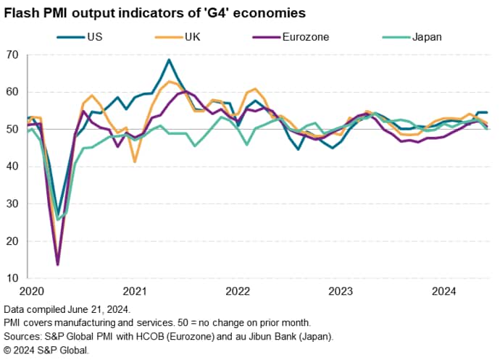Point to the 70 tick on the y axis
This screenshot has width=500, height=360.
[x=12, y=55]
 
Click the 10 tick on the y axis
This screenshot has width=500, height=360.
[x=12, y=278]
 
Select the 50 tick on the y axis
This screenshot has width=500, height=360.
[x=12, y=130]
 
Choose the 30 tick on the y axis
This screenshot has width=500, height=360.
[x=12, y=204]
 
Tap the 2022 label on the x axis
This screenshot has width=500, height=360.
[x=238, y=292]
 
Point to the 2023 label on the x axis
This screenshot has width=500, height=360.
[x=341, y=292]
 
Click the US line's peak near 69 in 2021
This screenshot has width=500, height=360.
[x=169, y=60]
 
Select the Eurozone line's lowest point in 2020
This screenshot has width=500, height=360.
[x=58, y=264]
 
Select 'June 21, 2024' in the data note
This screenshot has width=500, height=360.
[x=101, y=309]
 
